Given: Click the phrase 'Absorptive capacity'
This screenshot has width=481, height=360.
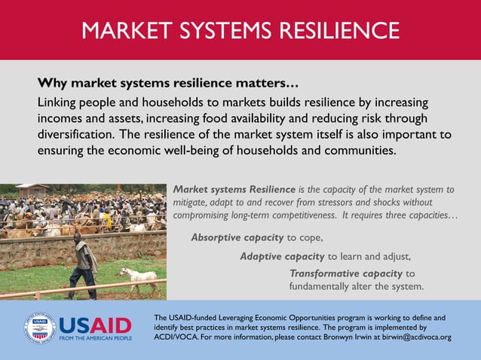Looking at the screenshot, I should [x=237, y=237].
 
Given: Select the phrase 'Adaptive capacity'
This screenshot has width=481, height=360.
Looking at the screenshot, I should [x=281, y=256].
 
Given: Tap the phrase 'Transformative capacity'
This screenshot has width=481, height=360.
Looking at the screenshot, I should [x=345, y=273].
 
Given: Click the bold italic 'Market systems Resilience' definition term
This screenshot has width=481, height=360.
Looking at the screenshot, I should [x=234, y=189].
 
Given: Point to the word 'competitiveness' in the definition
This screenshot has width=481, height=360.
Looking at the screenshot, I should [x=297, y=215].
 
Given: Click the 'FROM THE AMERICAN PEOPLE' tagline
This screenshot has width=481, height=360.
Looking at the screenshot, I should [x=96, y=339].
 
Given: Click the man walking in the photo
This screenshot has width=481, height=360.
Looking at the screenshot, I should [x=84, y=264].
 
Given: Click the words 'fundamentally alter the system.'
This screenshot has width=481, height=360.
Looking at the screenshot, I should [x=357, y=287].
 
